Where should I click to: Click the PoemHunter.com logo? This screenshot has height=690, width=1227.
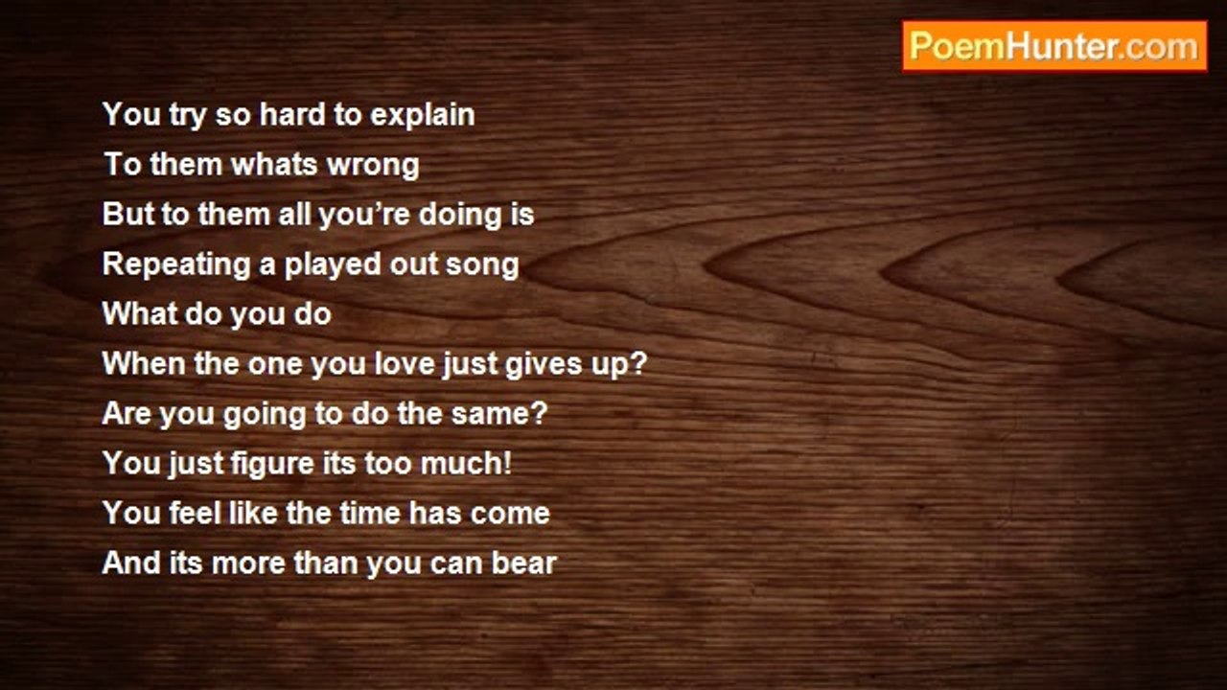pyautogui.click(x=1054, y=47)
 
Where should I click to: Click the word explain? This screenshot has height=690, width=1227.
pyautogui.click(x=422, y=116)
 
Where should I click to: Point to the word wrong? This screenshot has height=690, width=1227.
pyautogui.click(x=373, y=167)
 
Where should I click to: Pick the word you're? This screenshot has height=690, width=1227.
pyautogui.click(x=364, y=216)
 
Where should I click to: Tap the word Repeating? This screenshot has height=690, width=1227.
pyautogui.click(x=176, y=265)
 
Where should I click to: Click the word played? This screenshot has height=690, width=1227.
pyautogui.click(x=333, y=265)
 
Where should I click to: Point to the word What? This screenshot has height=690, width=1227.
pyautogui.click(x=139, y=313)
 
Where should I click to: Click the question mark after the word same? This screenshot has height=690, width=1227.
pyautogui.click(x=540, y=413)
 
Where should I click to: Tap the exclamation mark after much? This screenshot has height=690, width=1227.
pyautogui.click(x=507, y=463)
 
